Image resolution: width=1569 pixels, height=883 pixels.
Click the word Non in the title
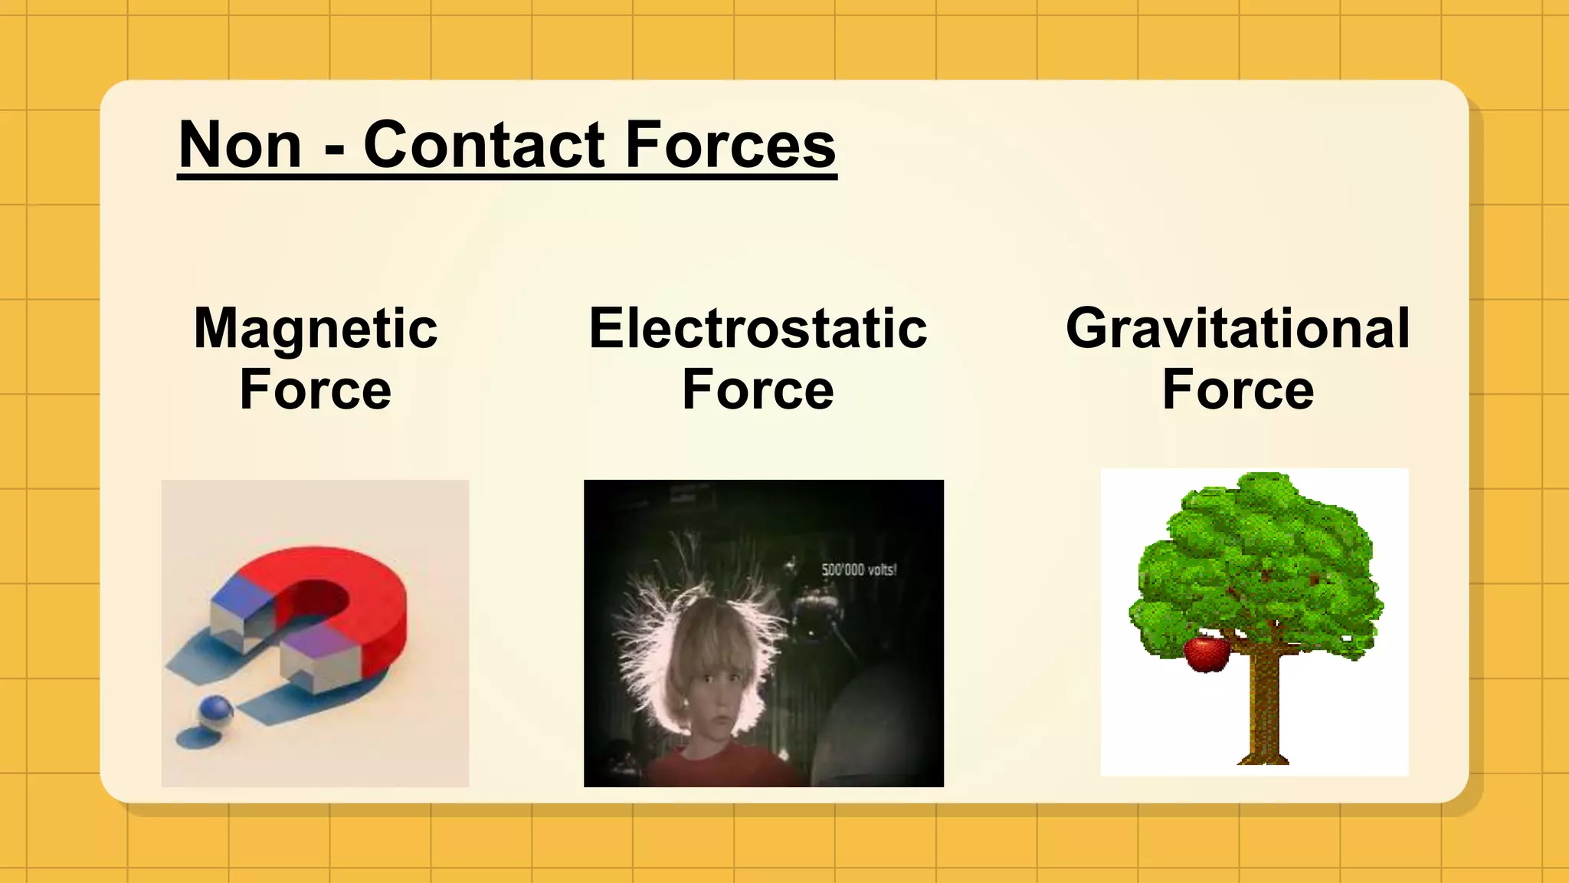point(240,146)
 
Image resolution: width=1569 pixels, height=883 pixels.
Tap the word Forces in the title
point(731,146)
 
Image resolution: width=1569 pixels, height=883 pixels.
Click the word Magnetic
point(316,329)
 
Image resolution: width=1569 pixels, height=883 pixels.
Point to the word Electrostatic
point(758,329)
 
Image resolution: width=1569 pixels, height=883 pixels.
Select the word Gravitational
point(1237,329)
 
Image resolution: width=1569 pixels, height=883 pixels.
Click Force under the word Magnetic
point(316,390)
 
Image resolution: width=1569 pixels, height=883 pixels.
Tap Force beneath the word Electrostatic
point(758,390)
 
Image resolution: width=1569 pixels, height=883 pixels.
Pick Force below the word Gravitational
point(1237,390)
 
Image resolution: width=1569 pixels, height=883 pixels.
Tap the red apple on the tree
point(1207,653)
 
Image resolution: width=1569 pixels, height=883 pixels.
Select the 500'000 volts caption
point(858,570)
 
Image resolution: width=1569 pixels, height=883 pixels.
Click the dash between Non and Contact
point(334,147)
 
